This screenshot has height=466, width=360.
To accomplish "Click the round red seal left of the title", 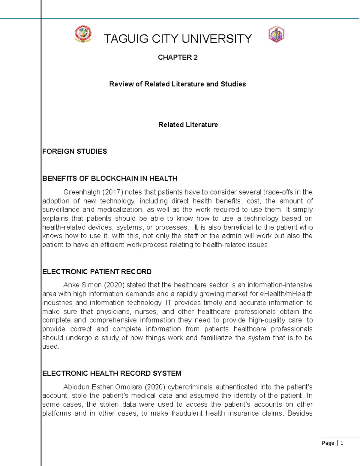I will (83, 34).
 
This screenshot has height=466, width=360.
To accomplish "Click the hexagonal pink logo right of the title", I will (276, 34).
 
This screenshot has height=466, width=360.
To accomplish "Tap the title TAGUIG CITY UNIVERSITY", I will (178, 39).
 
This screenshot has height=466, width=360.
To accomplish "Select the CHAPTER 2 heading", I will (178, 57).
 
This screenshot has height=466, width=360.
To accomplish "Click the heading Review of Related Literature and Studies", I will (177, 84).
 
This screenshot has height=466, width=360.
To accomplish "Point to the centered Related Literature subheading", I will (188, 125).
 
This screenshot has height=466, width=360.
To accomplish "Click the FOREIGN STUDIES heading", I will (74, 151).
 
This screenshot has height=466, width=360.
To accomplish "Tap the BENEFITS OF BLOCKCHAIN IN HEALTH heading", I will (110, 179).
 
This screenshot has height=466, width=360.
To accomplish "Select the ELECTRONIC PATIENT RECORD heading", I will (97, 272).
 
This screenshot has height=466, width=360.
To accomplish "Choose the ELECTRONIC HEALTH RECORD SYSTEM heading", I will (112, 373).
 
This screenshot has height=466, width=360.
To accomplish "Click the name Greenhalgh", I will (82, 192).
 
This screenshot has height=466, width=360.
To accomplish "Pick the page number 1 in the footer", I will (342, 443).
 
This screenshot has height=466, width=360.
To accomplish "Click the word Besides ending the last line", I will (300, 413).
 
